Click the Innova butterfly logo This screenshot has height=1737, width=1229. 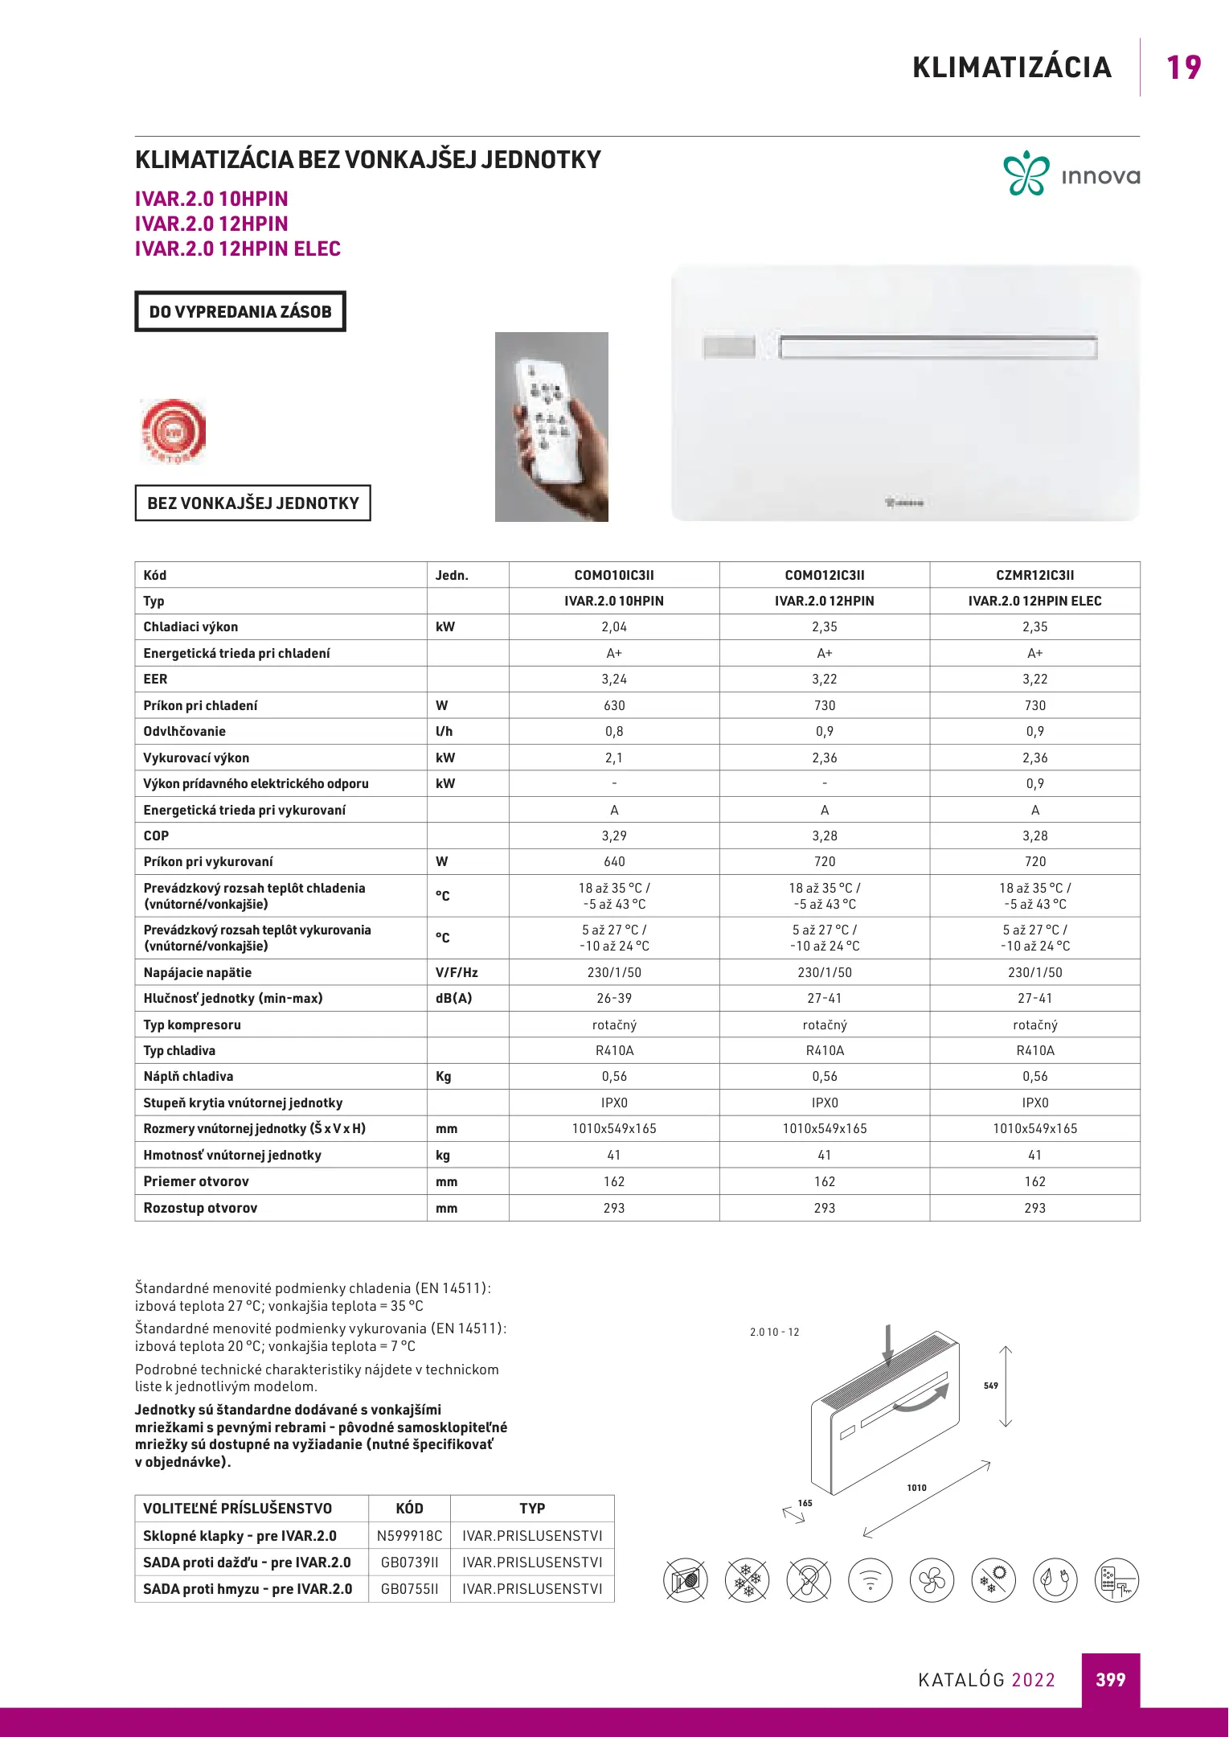pyautogui.click(x=1026, y=173)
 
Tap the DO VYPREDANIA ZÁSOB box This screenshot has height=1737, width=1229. pyautogui.click(x=240, y=311)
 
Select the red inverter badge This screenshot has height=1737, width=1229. pyautogui.click(x=174, y=431)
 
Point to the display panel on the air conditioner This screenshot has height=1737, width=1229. pyautogui.click(x=729, y=347)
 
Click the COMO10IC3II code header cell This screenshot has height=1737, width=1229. pyautogui.click(x=614, y=575)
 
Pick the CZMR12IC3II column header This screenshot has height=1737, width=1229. pyautogui.click(x=1034, y=575)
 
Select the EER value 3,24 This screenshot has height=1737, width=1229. pyautogui.click(x=614, y=680)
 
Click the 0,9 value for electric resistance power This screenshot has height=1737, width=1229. pyautogui.click(x=1034, y=783)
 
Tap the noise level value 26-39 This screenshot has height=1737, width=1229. pyautogui.click(x=614, y=998)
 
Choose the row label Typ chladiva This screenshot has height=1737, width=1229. pyautogui.click(x=179, y=1050)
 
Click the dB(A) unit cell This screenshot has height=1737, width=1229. pyautogui.click(x=454, y=998)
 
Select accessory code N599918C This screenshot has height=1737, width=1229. pyautogui.click(x=409, y=1536)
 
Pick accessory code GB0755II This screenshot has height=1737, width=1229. pyautogui.click(x=409, y=1589)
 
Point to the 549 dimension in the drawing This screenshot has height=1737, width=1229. pyautogui.click(x=991, y=1386)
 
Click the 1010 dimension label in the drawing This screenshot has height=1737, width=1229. pyautogui.click(x=916, y=1488)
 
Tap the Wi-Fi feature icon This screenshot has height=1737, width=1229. pyautogui.click(x=871, y=1580)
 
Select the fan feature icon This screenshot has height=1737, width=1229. pyautogui.click(x=932, y=1580)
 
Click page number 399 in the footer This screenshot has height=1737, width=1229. pyautogui.click(x=1110, y=1679)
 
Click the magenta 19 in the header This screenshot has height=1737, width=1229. pyautogui.click(x=1183, y=68)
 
